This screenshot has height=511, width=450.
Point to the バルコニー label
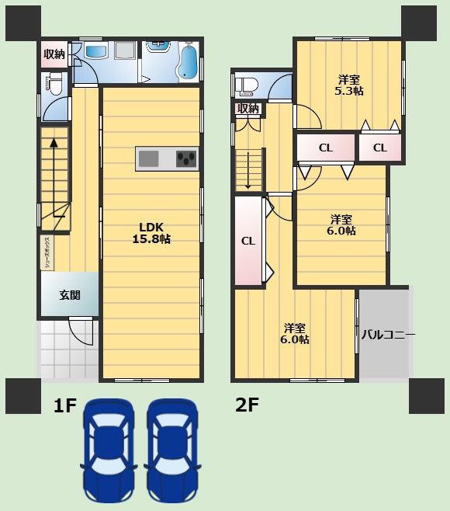point(387,335)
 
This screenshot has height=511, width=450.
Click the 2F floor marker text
point(247,405)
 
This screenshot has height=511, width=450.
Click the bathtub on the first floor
point(188,62)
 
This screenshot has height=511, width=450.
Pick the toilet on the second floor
point(247,85)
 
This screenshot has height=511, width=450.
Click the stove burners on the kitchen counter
point(186,158)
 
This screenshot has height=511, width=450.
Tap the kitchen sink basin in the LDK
point(149,159)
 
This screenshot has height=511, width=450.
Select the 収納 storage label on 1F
point(54,54)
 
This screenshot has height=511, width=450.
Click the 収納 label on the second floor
point(247,109)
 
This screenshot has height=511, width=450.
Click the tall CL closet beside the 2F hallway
point(248,241)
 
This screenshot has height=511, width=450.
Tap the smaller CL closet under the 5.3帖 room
point(379,148)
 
